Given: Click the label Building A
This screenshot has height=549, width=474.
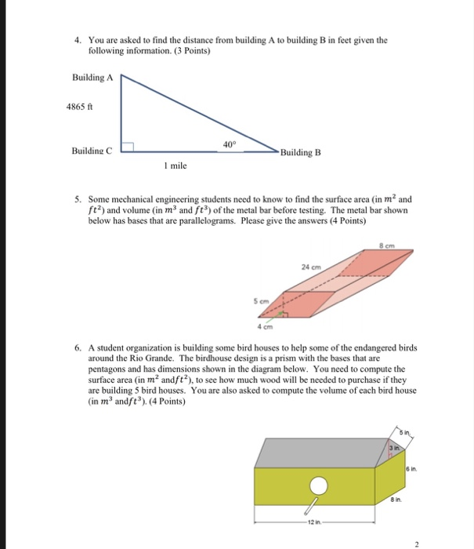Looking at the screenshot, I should point(92,78).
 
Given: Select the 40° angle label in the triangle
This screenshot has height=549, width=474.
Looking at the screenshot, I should point(228,144).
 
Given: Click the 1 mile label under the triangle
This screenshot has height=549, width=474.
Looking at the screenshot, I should point(175,166).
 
